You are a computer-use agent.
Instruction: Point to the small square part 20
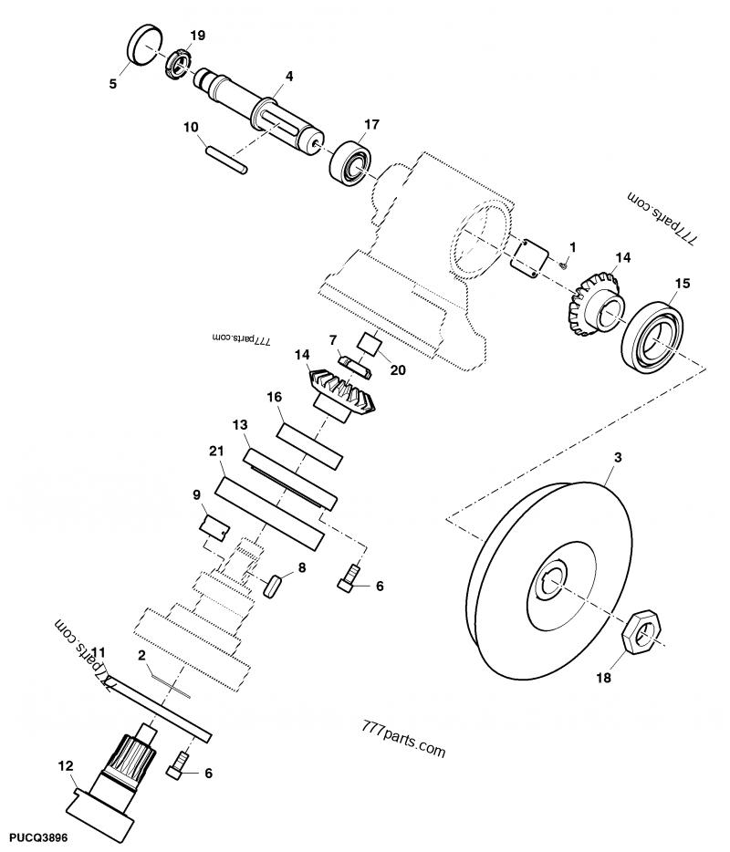click(370, 344)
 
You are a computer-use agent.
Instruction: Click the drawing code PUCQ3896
click(38, 836)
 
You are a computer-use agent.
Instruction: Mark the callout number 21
click(215, 452)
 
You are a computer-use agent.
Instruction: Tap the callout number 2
click(141, 655)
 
